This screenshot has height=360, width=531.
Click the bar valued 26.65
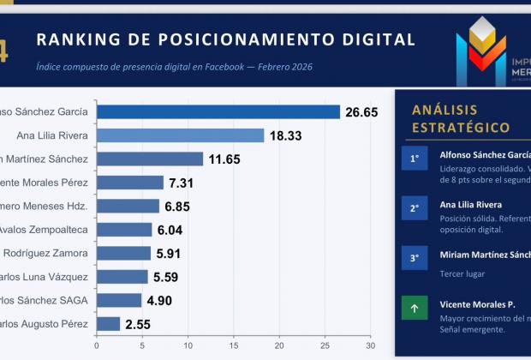click(218, 111)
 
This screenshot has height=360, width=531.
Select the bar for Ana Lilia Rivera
click(180, 135)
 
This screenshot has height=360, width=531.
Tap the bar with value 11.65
click(150, 159)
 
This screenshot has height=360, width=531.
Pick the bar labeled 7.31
click(130, 183)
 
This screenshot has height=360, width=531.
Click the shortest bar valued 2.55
click(108, 324)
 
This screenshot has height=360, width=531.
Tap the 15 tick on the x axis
click(233, 345)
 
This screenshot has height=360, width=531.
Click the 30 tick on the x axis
click(370, 345)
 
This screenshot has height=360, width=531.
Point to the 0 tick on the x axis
click(97, 345)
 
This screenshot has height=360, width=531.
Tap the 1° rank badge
click(415, 159)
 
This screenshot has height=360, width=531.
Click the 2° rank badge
click(415, 208)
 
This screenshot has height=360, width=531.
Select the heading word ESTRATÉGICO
click(461, 128)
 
